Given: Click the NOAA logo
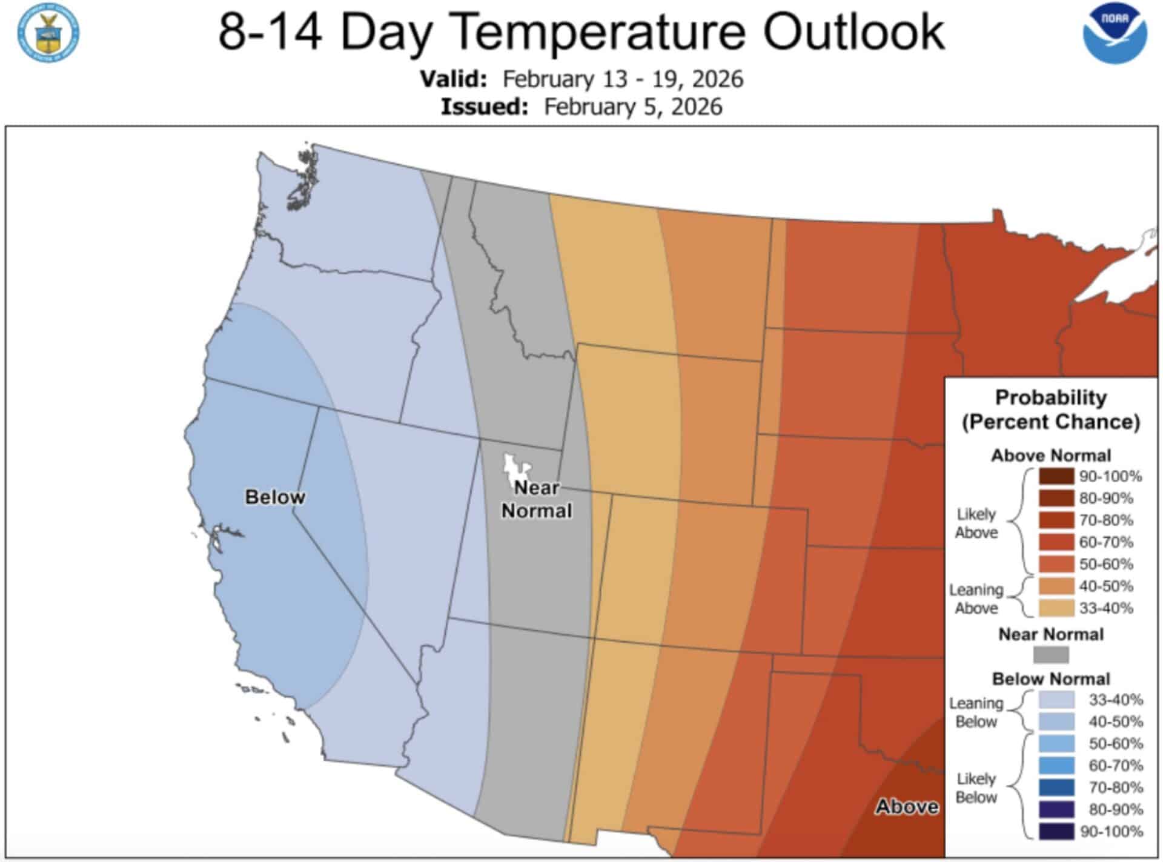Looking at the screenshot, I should tap(1115, 33).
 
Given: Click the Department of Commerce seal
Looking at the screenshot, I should tap(48, 32).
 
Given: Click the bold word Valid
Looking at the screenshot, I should tap(454, 79).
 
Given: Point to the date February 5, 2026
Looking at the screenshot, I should tap(633, 107).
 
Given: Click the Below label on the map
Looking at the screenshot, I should tap(275, 497).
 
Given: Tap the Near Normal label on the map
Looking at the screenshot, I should tap(537, 500).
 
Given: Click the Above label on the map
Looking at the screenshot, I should tap(907, 806).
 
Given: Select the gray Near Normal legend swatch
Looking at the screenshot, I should tap(1050, 655).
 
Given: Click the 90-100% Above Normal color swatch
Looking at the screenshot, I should tap(1056, 476).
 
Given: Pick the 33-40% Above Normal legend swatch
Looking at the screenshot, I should tap(1056, 608).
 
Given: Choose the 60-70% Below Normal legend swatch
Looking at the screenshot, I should tap(1056, 766).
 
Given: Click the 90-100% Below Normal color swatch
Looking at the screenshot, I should tap(1056, 831).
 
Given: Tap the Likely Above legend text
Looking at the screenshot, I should tap(976, 523).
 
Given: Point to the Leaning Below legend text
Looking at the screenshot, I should tap(976, 712).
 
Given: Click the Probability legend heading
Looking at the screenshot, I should tap(1050, 398).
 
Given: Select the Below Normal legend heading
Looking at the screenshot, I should tap(1050, 678).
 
